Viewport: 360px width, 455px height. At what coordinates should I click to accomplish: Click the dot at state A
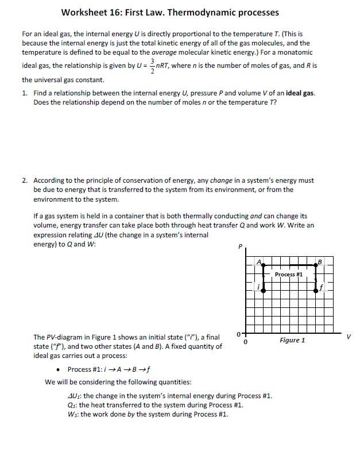[264, 265]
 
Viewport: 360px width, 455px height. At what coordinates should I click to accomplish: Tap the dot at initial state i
[264, 291]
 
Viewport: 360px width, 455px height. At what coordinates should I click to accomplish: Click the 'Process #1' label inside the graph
[289, 275]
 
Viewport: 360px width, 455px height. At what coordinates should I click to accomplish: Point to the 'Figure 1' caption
[292, 341]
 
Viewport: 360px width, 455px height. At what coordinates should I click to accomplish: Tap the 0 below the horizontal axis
[246, 342]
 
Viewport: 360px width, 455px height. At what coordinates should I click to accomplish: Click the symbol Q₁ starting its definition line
[71, 405]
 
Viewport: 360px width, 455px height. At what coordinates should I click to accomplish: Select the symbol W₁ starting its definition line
[72, 414]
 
